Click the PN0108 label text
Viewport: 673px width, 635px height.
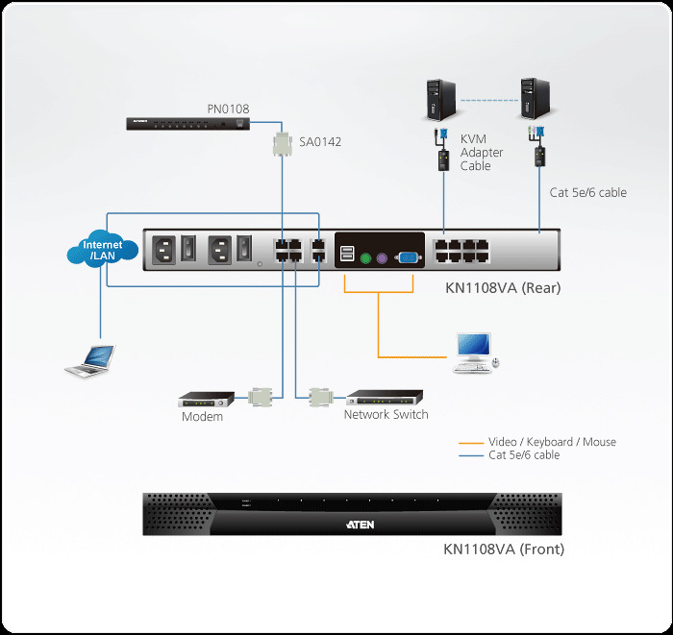[x=228, y=109]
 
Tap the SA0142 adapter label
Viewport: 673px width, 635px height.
[x=319, y=142]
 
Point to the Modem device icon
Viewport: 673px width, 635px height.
[x=207, y=398]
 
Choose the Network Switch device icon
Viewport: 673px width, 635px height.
[x=385, y=396]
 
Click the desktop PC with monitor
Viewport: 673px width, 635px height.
[x=473, y=351]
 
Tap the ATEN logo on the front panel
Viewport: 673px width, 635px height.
[x=359, y=525]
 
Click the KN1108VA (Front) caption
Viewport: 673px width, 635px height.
[x=503, y=550]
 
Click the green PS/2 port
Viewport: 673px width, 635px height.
[x=365, y=256]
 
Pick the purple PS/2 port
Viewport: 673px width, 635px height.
[x=382, y=256]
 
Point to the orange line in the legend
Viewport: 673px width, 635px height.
[x=472, y=442]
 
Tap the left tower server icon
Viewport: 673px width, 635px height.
[x=439, y=100]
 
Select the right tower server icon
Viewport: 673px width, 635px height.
[x=536, y=100]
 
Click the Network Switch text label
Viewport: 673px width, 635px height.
[x=386, y=415]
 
